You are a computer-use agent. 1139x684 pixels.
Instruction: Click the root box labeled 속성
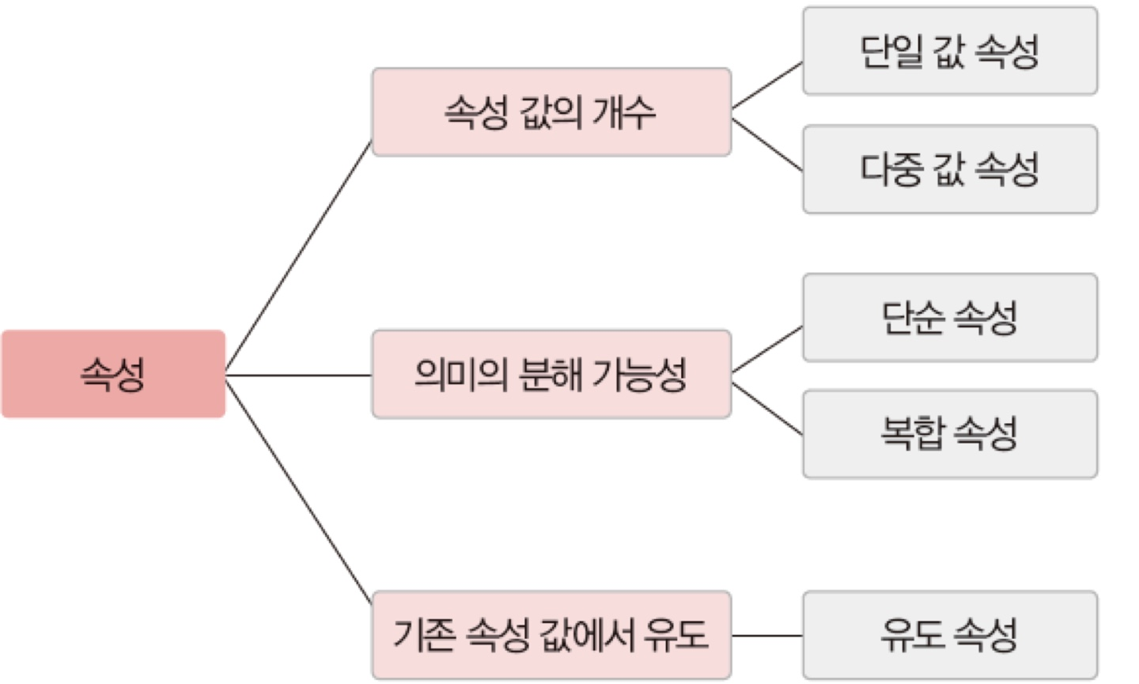point(113,374)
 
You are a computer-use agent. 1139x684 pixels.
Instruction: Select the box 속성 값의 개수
point(551,112)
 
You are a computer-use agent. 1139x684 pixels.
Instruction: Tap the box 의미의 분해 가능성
point(551,374)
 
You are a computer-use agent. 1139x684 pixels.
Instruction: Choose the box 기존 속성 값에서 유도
point(551,634)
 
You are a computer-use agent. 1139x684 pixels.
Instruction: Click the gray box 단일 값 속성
point(950,51)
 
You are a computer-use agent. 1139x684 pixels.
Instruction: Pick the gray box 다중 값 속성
point(950,169)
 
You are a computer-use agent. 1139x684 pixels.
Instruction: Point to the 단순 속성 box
point(950,318)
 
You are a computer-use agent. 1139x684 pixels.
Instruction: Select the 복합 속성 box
point(950,433)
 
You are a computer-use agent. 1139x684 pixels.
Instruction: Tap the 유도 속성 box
point(950,634)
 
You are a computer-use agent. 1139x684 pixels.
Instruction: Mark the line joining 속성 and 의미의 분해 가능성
point(298,375)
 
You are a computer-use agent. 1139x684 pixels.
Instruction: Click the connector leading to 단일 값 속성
point(766,86)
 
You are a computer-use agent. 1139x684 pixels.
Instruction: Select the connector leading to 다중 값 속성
point(766,145)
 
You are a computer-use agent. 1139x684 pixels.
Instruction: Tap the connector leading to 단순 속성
point(766,350)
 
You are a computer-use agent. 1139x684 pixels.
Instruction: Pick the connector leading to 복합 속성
point(766,409)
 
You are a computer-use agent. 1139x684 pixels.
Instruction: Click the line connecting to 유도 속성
point(766,635)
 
